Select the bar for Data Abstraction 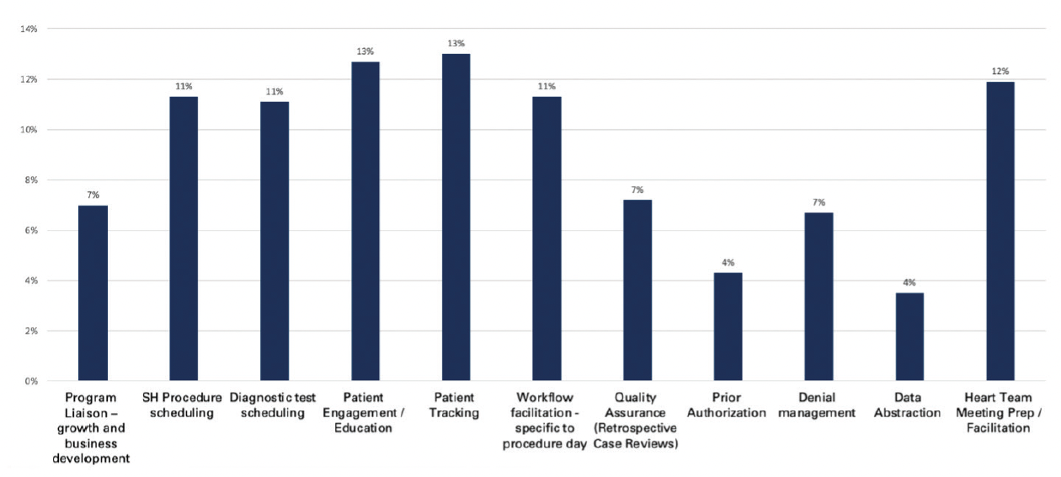[909, 337]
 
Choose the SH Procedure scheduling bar [184, 239]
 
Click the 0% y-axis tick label [31, 382]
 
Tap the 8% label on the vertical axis [31, 180]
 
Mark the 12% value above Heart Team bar [1000, 72]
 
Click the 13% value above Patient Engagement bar [365, 51]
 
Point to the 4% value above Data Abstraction [909, 283]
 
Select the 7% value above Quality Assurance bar [637, 190]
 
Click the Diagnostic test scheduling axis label [275, 405]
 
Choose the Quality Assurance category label [636, 421]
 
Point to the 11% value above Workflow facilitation [546, 86]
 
